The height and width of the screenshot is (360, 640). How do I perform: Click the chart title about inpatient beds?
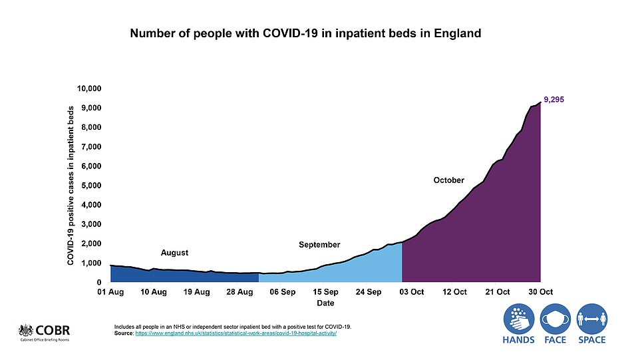click(x=305, y=33)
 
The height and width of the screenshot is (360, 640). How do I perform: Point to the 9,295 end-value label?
click(x=554, y=99)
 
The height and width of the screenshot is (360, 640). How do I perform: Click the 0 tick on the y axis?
click(x=98, y=282)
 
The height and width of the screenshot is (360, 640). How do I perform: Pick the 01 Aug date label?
click(x=110, y=292)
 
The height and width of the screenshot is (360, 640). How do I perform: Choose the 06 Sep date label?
click(x=282, y=292)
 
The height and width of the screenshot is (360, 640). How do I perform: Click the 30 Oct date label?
click(x=540, y=292)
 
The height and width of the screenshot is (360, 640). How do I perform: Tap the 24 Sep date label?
click(x=368, y=292)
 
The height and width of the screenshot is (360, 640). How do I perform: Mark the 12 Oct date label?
click(x=454, y=292)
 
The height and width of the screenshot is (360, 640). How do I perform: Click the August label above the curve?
click(x=175, y=253)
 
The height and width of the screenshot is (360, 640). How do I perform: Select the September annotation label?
click(x=319, y=245)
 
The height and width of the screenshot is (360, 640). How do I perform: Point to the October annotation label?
click(x=448, y=180)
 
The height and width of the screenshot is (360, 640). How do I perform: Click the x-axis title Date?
click(x=325, y=303)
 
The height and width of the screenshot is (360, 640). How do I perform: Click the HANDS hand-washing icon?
click(x=519, y=319)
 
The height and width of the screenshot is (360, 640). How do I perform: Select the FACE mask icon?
click(x=556, y=319)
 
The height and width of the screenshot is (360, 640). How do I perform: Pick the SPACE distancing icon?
click(x=591, y=319)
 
